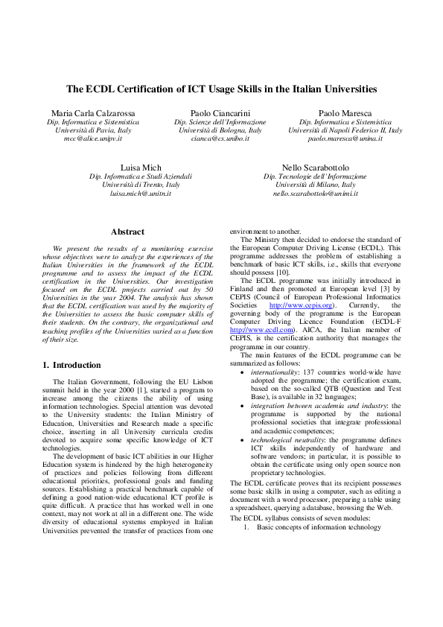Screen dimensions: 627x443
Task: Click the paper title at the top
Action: tap(221, 89)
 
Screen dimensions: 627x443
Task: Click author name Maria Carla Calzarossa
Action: tap(93, 112)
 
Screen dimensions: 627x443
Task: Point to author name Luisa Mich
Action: tap(141, 167)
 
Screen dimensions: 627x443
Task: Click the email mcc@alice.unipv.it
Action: tap(93, 139)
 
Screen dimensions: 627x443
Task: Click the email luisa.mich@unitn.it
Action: tap(141, 194)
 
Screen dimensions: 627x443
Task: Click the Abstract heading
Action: tap(127, 232)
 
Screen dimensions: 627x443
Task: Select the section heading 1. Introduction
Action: tap(71, 365)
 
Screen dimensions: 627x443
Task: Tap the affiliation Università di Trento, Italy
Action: tap(141, 185)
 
